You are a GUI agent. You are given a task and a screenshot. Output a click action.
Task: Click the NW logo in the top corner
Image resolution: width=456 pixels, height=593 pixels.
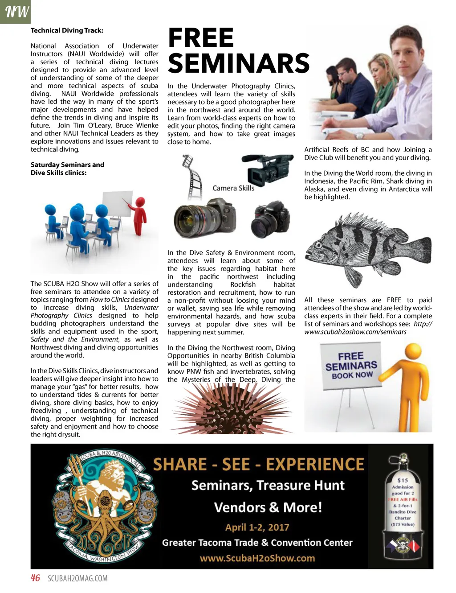[x=15, y=12]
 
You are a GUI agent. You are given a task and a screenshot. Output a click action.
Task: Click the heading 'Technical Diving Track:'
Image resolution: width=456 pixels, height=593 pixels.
[x=67, y=30]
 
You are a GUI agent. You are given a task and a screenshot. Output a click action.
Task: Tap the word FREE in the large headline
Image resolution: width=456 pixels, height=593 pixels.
[x=201, y=38]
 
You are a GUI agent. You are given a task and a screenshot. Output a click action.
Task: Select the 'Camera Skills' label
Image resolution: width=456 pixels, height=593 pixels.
[x=233, y=188]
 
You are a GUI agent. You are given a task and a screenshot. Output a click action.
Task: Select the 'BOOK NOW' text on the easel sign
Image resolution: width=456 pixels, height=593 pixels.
[x=352, y=375]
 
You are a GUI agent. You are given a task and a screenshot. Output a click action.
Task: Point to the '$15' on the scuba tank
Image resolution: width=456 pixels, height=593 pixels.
[x=403, y=480]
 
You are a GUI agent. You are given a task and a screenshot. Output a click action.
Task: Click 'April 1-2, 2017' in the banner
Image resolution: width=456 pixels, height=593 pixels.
[x=257, y=527]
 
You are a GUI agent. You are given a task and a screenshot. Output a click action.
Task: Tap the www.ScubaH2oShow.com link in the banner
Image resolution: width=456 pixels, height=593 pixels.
[x=257, y=558]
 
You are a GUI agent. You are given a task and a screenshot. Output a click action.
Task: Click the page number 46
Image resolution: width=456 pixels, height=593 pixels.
[x=35, y=578]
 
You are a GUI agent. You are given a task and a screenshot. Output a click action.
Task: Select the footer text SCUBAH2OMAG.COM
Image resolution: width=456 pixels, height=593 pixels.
[x=77, y=579]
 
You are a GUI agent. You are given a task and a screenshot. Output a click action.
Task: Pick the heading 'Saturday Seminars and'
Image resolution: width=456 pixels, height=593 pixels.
[x=67, y=165]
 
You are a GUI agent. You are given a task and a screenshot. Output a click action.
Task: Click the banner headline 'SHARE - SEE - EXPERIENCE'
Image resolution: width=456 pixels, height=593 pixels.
[x=258, y=465]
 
